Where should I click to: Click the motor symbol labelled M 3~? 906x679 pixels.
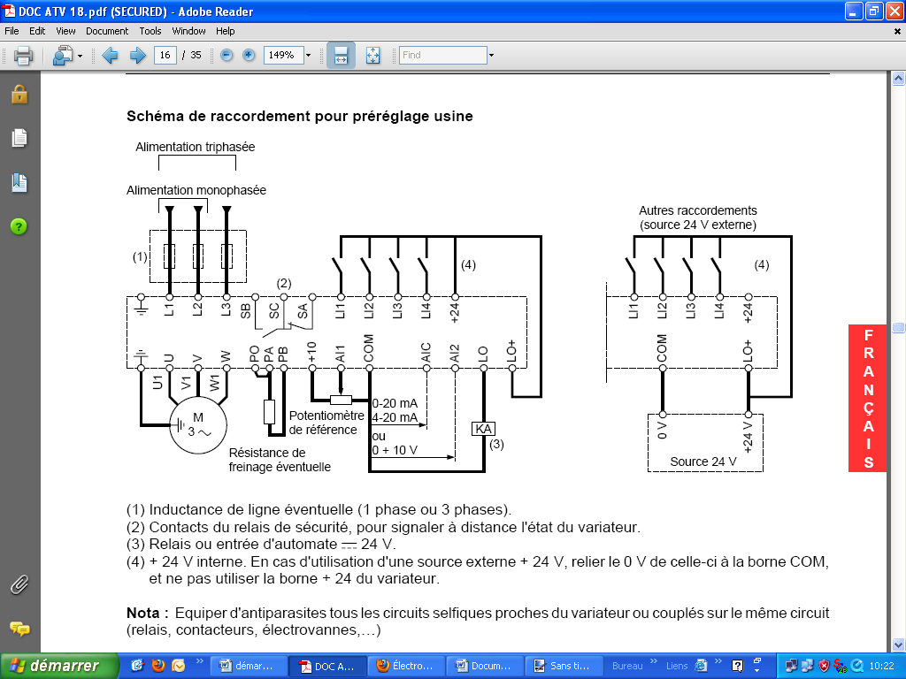199,424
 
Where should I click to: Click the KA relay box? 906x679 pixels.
484,429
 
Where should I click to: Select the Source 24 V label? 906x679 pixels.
703,462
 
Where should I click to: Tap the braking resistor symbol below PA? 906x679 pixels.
269,412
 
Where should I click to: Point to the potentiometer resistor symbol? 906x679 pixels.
341,400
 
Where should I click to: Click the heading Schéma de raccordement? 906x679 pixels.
299,116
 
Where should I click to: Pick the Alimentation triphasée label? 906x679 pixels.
195,147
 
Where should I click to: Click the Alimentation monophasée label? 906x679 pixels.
196,190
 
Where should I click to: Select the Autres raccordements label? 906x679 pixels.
698,211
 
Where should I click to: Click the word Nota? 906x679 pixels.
147,613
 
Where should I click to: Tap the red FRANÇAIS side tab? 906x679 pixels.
868,399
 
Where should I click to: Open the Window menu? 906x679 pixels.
188,31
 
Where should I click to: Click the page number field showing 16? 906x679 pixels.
165,55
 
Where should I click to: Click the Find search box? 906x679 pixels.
441,55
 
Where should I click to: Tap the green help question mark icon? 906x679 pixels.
19,226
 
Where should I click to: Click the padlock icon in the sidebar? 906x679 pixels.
19,94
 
